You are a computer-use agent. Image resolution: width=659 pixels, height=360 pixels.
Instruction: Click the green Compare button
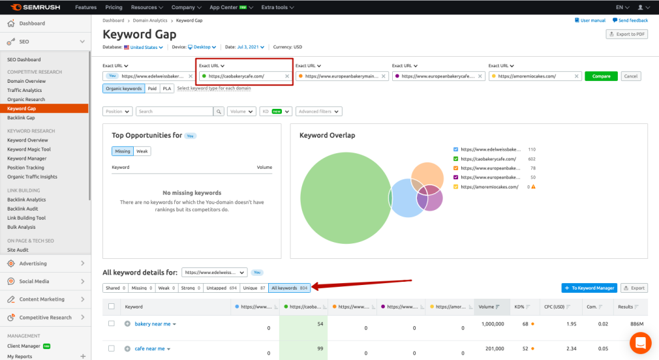601,76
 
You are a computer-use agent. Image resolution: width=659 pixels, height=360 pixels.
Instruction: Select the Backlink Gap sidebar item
21,117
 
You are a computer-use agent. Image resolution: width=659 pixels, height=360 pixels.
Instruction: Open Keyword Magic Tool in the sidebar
29,149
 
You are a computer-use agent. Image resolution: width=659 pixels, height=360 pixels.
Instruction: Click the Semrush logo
35,7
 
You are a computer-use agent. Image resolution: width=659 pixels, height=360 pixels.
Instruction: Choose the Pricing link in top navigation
114,7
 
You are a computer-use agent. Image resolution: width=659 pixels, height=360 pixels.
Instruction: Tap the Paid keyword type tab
152,88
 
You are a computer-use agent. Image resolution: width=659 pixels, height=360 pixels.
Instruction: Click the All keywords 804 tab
289,288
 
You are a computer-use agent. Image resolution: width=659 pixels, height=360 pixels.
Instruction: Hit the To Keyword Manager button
589,288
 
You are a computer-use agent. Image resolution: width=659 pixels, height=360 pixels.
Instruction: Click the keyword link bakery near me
153,324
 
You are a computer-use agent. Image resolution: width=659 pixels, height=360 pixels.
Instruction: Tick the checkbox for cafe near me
112,349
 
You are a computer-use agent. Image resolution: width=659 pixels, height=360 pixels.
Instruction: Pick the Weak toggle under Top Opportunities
142,151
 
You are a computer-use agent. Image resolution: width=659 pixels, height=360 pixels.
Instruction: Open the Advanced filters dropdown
318,112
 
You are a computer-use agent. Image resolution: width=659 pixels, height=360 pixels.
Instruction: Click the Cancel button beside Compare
630,76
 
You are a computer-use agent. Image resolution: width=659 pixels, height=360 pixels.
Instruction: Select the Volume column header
487,307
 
